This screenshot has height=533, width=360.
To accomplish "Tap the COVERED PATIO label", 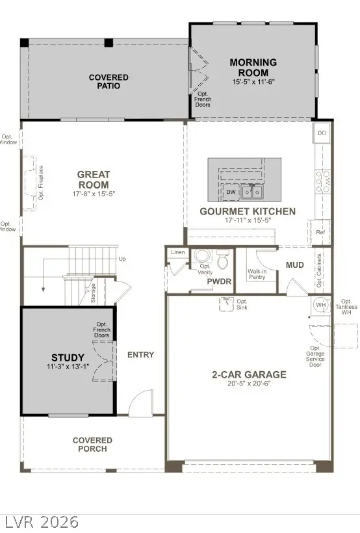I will click(109, 81).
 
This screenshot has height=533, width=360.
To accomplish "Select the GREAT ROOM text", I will click(94, 179).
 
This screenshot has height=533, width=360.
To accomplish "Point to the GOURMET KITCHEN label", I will click(248, 211).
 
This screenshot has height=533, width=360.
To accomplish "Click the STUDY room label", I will click(68, 357).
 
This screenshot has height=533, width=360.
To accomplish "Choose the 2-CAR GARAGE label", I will click(249, 374).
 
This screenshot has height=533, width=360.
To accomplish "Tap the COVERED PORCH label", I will click(92, 445).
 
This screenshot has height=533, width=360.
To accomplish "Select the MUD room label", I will click(295, 265).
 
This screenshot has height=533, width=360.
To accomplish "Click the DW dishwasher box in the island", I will click(231, 192).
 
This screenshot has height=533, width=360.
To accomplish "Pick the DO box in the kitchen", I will click(322, 133).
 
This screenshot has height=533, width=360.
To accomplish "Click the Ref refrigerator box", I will click(320, 232).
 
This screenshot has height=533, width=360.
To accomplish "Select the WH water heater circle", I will click(320, 305).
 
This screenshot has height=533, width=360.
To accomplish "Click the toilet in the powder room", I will click(222, 261).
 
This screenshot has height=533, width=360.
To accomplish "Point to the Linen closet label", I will click(177, 252).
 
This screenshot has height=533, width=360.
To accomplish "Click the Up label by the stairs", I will click(123, 259).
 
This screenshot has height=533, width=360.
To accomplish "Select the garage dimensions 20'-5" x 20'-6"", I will click(249, 384).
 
